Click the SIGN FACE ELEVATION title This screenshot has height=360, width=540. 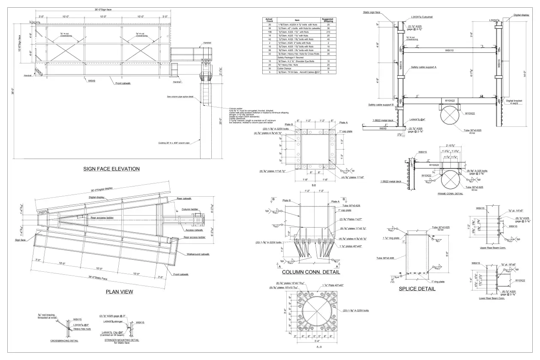pos(111,169)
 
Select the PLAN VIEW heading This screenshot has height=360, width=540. pos(119,292)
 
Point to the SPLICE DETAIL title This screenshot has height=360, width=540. pos(417,289)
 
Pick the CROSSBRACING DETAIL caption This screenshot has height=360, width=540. pos(64,340)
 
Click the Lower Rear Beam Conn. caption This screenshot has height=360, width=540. pos(491,298)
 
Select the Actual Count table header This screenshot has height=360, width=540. pos(269,20)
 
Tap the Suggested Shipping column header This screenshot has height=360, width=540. pos(328,20)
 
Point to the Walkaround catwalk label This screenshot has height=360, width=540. pos(198,255)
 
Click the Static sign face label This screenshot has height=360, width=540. pos(372,12)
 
